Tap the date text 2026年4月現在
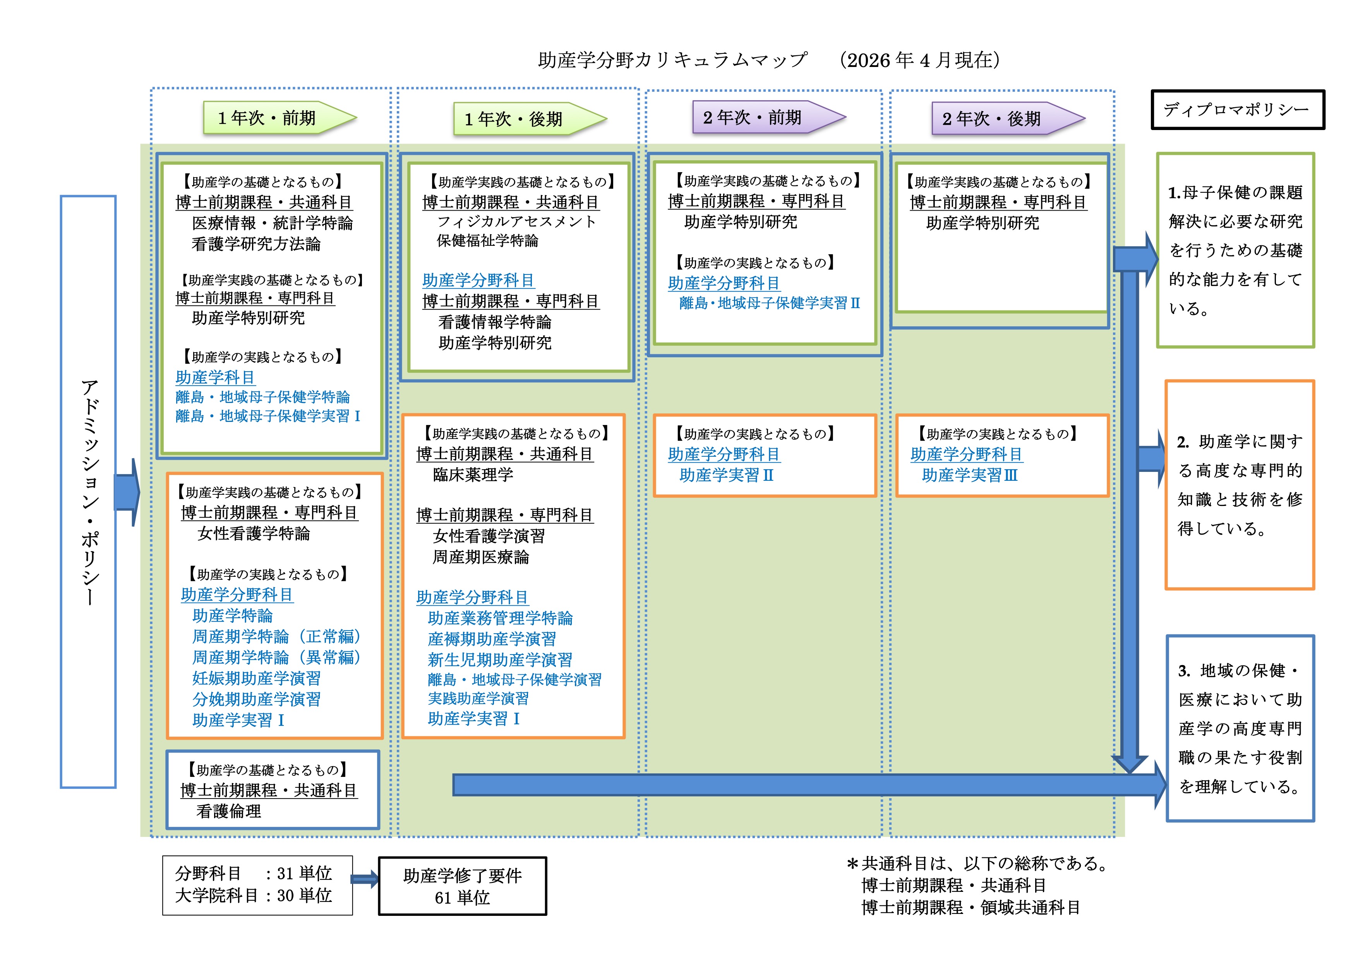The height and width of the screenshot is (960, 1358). (920, 60)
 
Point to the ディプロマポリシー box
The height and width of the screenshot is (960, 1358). (1237, 110)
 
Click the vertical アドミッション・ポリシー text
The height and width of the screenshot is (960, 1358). (89, 491)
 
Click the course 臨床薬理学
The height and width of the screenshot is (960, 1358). (473, 474)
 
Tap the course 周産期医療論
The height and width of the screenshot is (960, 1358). (480, 557)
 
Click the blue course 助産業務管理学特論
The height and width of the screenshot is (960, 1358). (500, 618)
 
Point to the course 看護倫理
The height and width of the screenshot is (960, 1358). (228, 811)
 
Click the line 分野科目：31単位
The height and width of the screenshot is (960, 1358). (253, 874)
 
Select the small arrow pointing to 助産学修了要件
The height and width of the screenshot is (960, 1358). (365, 879)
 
